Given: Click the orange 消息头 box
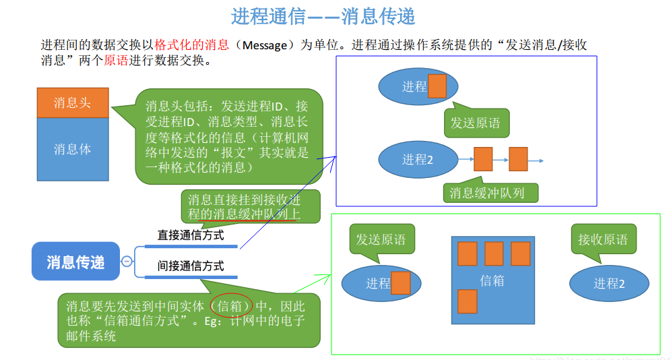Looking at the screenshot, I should click(x=72, y=103).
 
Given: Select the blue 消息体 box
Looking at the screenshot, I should click(x=72, y=149).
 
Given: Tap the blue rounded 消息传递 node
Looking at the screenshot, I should click(x=75, y=262).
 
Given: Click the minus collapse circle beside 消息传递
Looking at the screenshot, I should click(x=127, y=262).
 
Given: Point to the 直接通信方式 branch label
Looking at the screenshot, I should click(x=191, y=235).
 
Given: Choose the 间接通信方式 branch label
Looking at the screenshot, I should click(x=191, y=266).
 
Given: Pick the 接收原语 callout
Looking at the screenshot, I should click(x=602, y=239).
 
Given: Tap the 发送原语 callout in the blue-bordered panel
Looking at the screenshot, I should click(x=476, y=123).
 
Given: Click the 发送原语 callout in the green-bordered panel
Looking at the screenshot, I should click(x=381, y=239).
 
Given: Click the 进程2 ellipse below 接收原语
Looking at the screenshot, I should click(x=609, y=284).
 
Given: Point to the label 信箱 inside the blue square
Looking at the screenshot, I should click(x=492, y=280).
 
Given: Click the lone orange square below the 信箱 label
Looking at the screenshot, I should click(x=467, y=301).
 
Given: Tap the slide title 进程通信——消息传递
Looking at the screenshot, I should click(x=323, y=16).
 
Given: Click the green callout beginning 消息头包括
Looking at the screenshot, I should click(x=228, y=136).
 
